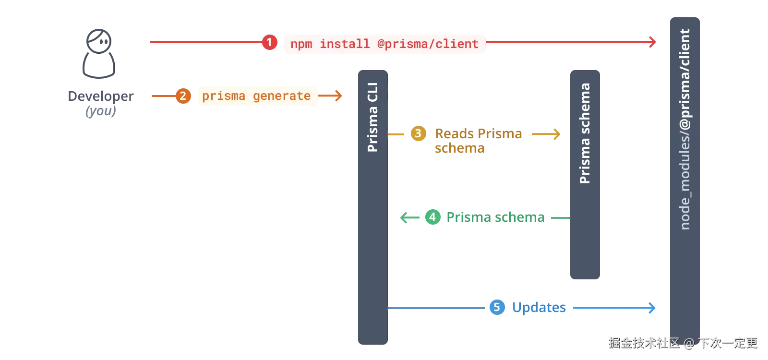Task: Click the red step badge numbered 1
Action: (x=269, y=42)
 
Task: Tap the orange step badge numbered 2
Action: (x=183, y=96)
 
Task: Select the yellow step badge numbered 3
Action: (x=418, y=133)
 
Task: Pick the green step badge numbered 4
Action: (x=432, y=217)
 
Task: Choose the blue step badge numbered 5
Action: (x=497, y=307)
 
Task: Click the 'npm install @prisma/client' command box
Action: (x=385, y=44)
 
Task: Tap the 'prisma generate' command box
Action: (x=257, y=96)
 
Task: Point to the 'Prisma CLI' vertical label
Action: (x=372, y=118)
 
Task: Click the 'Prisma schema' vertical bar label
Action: (x=585, y=133)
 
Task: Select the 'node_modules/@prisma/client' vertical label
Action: (x=685, y=129)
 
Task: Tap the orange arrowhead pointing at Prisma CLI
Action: (x=339, y=96)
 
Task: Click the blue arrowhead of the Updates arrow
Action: (x=652, y=307)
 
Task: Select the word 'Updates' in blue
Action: (x=539, y=307)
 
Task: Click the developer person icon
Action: (x=98, y=54)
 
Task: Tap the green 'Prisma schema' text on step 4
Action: (x=495, y=217)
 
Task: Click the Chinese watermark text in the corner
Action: (x=683, y=342)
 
